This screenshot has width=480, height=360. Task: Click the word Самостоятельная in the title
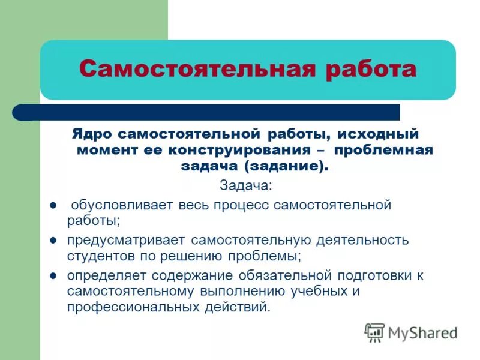pyautogui.click(x=196, y=69)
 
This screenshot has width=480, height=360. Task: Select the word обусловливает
pyautogui.click(x=122, y=205)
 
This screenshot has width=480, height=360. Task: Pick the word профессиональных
pyautogui.click(x=131, y=307)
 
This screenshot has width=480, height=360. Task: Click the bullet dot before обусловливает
pyautogui.click(x=53, y=205)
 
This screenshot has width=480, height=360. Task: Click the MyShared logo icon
pyautogui.click(x=374, y=332)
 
